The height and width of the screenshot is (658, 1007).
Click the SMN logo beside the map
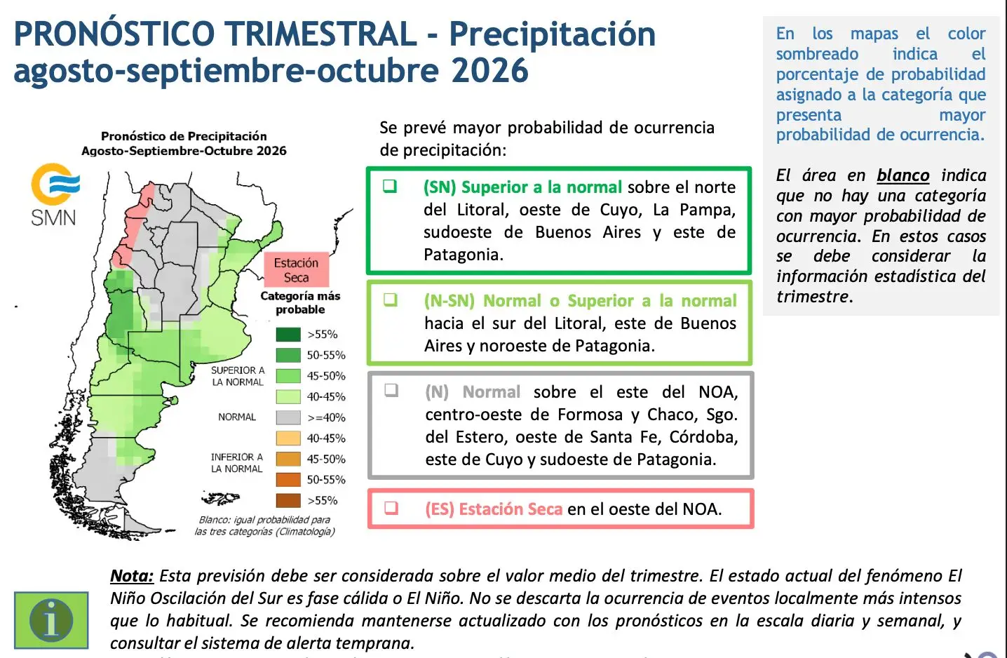click(x=55, y=194)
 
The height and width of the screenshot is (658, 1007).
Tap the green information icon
click(x=51, y=620)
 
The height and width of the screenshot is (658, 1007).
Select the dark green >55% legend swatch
click(x=288, y=334)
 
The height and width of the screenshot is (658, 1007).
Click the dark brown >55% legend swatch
click(x=288, y=500)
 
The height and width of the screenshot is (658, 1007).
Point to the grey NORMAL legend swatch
click(x=288, y=417)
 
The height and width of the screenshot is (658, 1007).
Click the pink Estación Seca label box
click(x=296, y=270)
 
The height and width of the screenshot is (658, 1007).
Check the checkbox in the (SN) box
click(x=390, y=186)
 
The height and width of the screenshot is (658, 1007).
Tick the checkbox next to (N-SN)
click(x=390, y=300)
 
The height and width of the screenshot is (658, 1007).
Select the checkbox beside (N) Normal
click(x=391, y=391)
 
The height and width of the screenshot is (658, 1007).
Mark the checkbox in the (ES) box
click(x=391, y=508)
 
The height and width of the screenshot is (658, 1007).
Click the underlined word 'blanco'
click(x=903, y=175)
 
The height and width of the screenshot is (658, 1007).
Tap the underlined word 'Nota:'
click(x=132, y=576)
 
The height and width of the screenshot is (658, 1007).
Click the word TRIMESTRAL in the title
click(x=320, y=34)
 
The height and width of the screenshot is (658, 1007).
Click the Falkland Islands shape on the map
click(x=220, y=498)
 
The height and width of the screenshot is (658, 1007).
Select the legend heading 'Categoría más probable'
click(x=300, y=302)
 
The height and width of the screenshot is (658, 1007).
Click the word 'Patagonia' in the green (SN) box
click(x=464, y=255)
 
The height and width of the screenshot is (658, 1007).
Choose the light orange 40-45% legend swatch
click(x=288, y=438)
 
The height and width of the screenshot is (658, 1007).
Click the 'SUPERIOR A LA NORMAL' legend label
click(x=238, y=376)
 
